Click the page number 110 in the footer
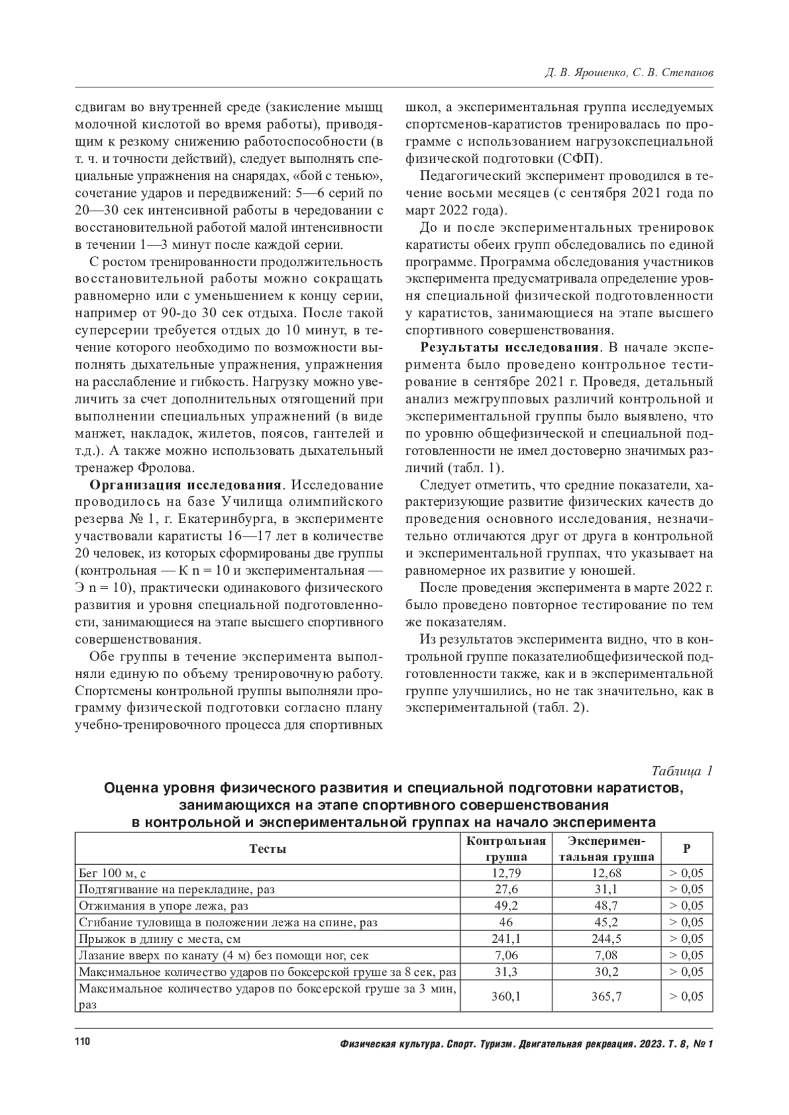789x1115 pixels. coord(82,1043)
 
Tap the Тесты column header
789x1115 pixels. coord(268,849)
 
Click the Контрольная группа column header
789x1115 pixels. coord(506,849)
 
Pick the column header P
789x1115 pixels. coord(686,849)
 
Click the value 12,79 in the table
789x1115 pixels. coord(506,873)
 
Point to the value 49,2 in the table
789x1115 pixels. coord(506,906)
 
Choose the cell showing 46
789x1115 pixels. coord(506,922)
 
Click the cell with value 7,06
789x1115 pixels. coord(506,955)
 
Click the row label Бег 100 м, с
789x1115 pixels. coord(112,873)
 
